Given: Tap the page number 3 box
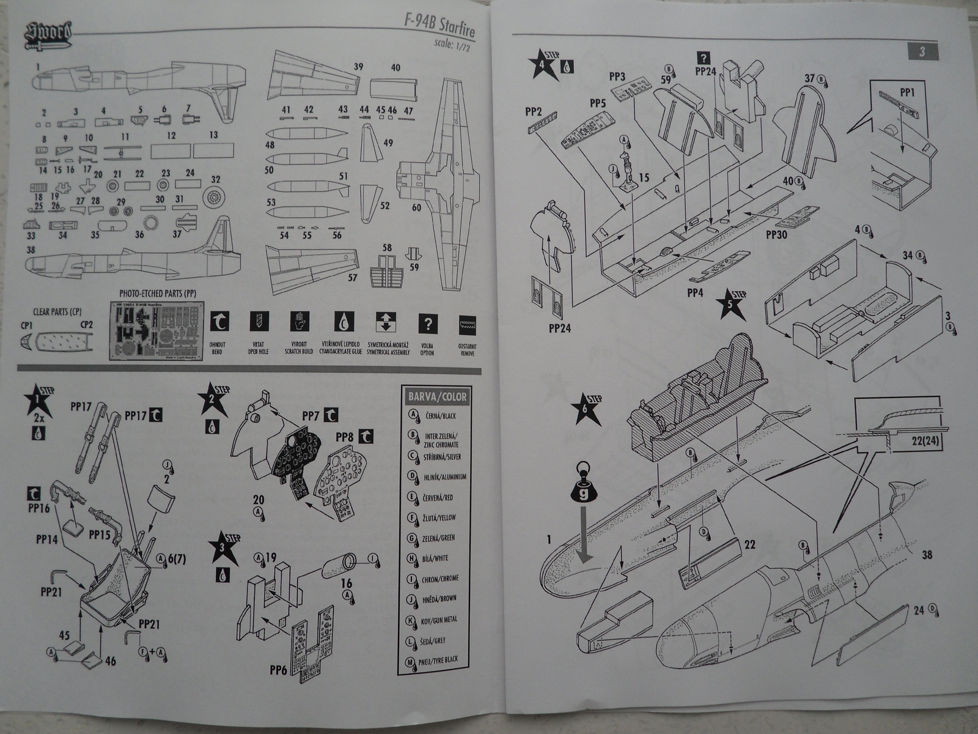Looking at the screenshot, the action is coord(921,52).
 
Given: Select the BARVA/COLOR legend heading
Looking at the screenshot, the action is coord(436,396).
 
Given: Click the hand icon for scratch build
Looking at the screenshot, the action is coord(300,322).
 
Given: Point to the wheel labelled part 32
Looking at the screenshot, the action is coord(214,197).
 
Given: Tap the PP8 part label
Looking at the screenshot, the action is coord(346,437).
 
